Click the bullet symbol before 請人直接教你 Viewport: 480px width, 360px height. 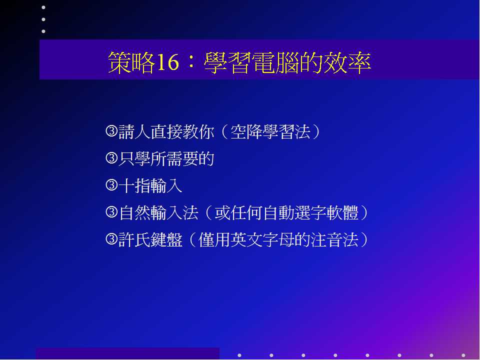[x=111, y=131]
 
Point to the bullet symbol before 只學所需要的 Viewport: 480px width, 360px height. [x=111, y=158]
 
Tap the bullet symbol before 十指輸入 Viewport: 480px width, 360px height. [x=111, y=185]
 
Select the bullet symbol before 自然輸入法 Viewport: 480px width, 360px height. [x=111, y=212]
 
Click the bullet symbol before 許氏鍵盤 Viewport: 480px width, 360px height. [x=111, y=239]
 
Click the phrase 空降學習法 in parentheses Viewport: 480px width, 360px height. [x=270, y=131]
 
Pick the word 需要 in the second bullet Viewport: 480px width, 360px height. [x=182, y=158]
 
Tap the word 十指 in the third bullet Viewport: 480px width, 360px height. [x=134, y=185]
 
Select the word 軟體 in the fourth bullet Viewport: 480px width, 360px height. [x=342, y=212]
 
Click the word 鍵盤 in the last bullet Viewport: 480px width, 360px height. [x=166, y=239]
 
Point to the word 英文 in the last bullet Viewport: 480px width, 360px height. [x=246, y=239]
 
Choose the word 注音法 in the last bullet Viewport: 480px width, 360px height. [x=334, y=239]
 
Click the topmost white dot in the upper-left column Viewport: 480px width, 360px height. [x=43, y=7]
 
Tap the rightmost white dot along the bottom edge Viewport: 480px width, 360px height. [x=463, y=355]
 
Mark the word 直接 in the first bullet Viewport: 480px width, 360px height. [x=166, y=131]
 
